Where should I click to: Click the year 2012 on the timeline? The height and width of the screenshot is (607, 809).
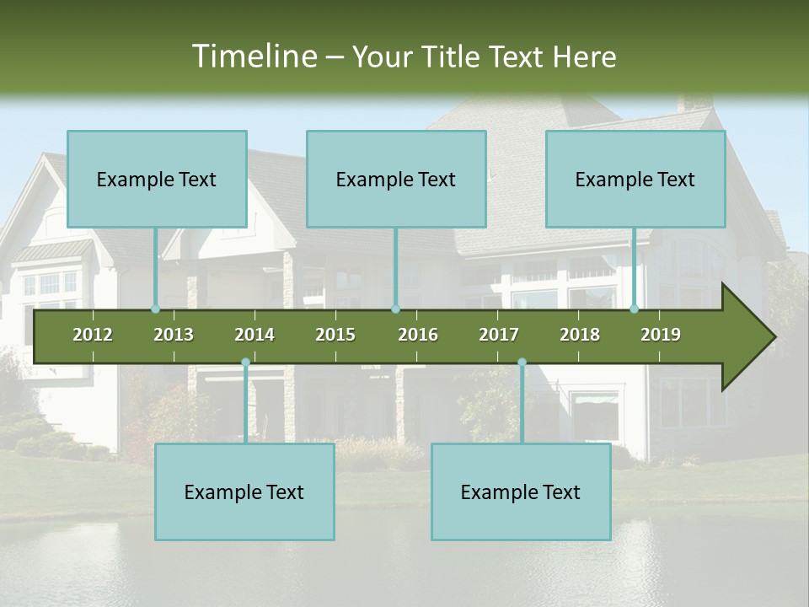pyautogui.click(x=93, y=335)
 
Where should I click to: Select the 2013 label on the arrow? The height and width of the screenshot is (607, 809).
pyautogui.click(x=174, y=335)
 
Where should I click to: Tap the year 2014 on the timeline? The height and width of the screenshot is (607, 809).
pyautogui.click(x=254, y=335)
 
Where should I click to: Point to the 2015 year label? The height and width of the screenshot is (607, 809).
pyautogui.click(x=335, y=335)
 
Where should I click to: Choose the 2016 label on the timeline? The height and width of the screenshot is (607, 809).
pyautogui.click(x=418, y=335)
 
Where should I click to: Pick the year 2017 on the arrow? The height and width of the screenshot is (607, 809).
pyautogui.click(x=499, y=335)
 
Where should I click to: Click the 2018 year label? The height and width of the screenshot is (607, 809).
pyautogui.click(x=580, y=335)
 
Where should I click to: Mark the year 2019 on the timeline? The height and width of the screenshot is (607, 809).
pyautogui.click(x=661, y=335)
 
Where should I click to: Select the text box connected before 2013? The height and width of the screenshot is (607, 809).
pyautogui.click(x=157, y=179)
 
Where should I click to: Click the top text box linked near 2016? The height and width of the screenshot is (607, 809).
pyautogui.click(x=396, y=179)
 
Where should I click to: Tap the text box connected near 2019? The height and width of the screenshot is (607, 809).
pyautogui.click(x=635, y=179)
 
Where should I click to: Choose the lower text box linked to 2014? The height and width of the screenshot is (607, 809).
pyautogui.click(x=244, y=492)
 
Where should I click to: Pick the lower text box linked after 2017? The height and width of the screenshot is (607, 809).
pyautogui.click(x=521, y=492)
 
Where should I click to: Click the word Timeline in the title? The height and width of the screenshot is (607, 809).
pyautogui.click(x=253, y=56)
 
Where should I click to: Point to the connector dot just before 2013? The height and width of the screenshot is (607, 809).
pyautogui.click(x=155, y=309)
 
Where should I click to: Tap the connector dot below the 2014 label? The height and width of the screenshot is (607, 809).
pyautogui.click(x=245, y=363)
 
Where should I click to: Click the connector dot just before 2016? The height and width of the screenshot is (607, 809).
pyautogui.click(x=395, y=309)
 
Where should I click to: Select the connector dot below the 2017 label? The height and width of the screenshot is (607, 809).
pyautogui.click(x=522, y=363)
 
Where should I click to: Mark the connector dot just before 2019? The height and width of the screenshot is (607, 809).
pyautogui.click(x=635, y=309)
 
